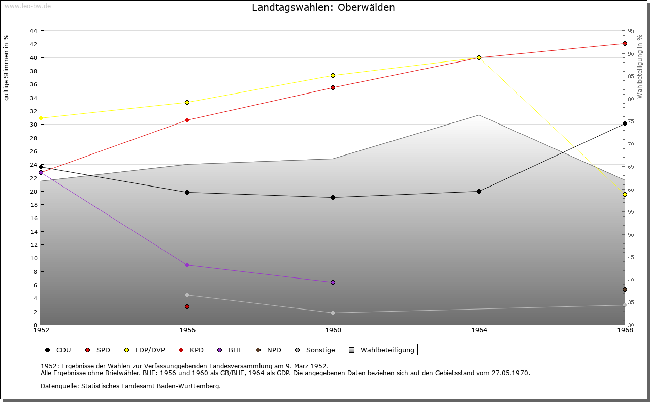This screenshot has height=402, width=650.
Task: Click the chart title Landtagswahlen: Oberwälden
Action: point(323,8)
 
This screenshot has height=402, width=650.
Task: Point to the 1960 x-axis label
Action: point(333,330)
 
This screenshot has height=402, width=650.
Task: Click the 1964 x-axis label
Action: point(479,330)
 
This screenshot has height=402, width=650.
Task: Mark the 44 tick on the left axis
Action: point(32,31)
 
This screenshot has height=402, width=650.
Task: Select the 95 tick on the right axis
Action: point(630,31)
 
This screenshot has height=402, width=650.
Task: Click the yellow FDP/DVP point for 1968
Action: point(625,194)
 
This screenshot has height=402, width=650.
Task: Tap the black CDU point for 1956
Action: point(187,192)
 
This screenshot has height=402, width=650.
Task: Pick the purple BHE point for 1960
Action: point(333,282)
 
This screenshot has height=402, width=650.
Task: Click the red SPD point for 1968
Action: point(625,43)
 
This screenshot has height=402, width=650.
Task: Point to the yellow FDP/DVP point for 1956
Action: point(187,102)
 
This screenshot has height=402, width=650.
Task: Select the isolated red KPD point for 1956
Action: point(187,306)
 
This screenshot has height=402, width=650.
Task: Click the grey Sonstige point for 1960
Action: point(333,313)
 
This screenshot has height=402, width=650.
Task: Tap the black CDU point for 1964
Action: point(479,191)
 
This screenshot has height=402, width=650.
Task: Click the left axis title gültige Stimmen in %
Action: point(7,67)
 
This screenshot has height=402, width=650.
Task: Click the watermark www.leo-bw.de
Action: point(27,6)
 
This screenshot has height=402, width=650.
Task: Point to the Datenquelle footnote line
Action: point(131,386)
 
